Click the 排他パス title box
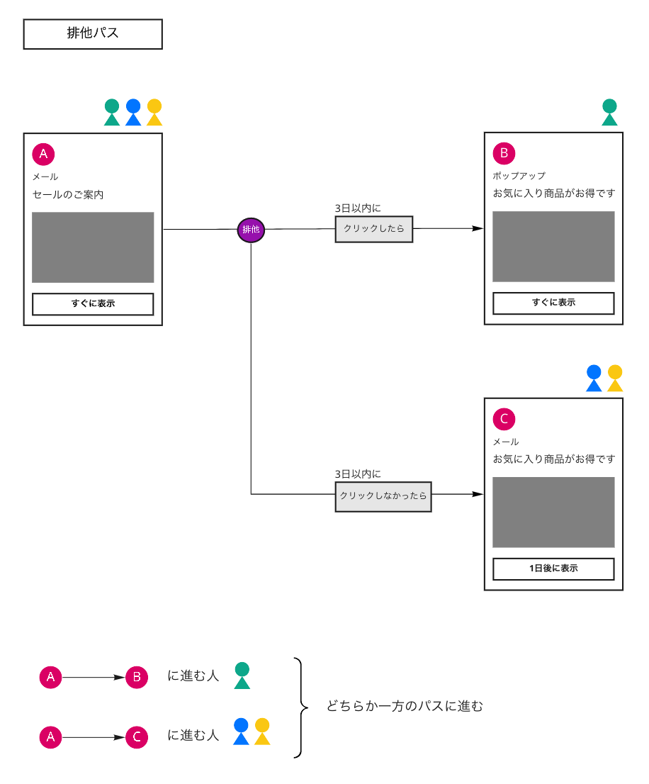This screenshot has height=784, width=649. coord(93,34)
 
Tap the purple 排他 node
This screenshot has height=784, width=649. coord(251,230)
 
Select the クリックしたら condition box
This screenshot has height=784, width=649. coord(373,229)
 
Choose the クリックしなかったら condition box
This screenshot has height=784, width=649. coord(383,496)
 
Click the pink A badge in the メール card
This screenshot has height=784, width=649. coord(43,154)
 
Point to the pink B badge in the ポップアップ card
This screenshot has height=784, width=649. coord(504,153)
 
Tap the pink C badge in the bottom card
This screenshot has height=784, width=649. coord(504,419)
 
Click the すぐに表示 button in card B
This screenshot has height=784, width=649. coord(553,303)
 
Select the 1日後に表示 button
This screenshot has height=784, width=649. coord(553,569)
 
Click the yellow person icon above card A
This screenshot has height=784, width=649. coord(154,112)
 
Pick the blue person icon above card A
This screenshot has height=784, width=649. coord(133,112)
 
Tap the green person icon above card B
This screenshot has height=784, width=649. coord(609,112)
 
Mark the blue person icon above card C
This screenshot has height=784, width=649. coord(594,378)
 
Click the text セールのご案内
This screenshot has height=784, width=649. coord(68,194)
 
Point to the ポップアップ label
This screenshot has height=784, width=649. coord(519,176)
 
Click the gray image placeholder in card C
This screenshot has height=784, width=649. coord(553,512)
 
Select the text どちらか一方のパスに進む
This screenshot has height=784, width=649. coord(405,706)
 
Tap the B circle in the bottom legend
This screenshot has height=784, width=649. coord(137,678)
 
